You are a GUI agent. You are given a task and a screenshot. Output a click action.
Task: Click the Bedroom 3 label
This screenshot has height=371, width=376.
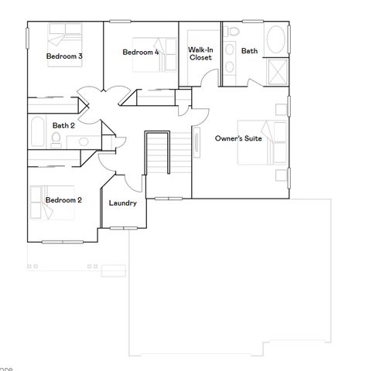[64, 56]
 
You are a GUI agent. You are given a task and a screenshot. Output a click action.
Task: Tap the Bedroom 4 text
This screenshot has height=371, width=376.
[141, 52]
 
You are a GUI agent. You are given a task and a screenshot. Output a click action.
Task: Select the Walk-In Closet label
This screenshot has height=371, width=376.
[200, 53]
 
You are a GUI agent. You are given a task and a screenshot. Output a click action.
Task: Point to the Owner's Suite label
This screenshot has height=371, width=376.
[238, 139]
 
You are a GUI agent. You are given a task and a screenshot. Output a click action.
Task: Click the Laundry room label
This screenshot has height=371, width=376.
[123, 203]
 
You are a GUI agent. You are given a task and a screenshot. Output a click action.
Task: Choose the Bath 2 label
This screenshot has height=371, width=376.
[63, 125]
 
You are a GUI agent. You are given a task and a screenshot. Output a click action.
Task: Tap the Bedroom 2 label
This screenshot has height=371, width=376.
[63, 200]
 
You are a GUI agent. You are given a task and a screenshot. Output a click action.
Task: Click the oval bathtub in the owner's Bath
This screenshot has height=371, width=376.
[275, 40]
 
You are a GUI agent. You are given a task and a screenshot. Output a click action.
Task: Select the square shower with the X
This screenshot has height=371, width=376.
[277, 71]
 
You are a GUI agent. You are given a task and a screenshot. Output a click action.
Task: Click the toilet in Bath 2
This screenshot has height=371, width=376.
[55, 139]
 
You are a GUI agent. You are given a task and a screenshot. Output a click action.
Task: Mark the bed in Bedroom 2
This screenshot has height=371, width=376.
[48, 203]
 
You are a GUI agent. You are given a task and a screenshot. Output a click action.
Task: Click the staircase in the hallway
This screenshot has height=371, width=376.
[158, 155]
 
